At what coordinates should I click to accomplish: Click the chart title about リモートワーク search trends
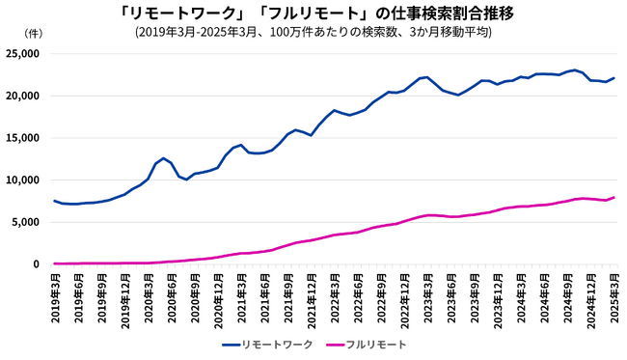(x=313, y=13)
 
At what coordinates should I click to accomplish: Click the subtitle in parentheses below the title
(x=313, y=31)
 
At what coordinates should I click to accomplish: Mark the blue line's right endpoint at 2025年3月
(x=613, y=78)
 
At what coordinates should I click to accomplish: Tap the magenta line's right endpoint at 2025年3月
(x=613, y=197)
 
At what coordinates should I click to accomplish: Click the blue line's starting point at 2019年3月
(x=54, y=201)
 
